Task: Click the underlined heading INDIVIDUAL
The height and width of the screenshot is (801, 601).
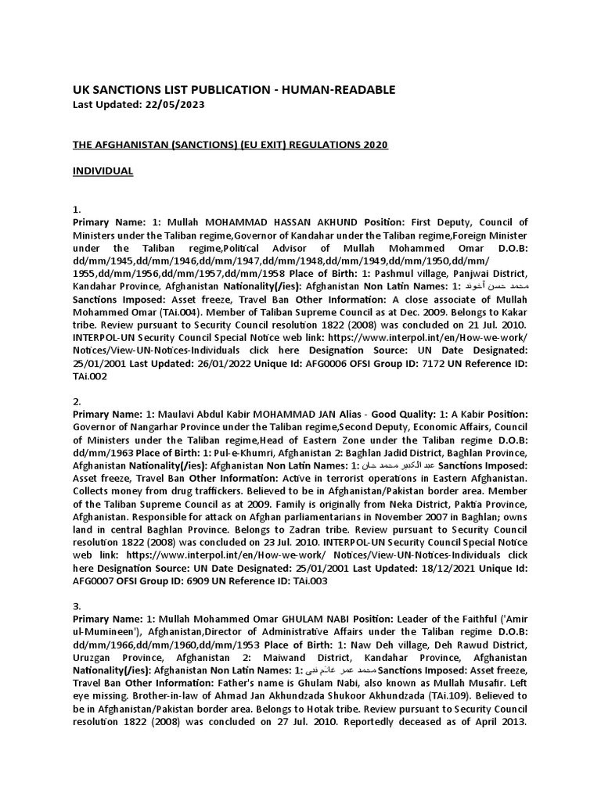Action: coord(103,171)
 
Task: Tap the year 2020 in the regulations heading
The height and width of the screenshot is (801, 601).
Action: coord(372,145)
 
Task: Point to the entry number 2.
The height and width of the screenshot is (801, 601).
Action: coord(76,400)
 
